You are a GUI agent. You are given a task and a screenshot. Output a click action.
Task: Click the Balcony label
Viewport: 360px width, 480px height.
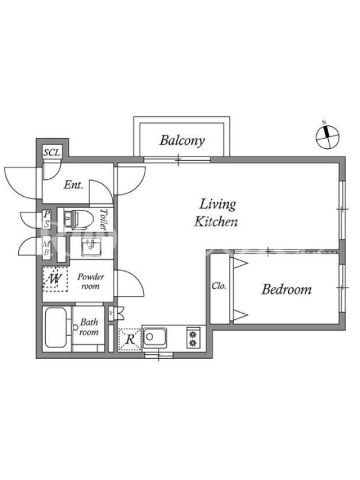[x=182, y=140]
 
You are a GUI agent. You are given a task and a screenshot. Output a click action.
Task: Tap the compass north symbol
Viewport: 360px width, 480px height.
[x=328, y=137]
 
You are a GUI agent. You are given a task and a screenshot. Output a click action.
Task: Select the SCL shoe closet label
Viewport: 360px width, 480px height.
[x=52, y=152]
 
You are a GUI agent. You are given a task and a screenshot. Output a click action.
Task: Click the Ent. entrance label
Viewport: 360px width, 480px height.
[x=73, y=185]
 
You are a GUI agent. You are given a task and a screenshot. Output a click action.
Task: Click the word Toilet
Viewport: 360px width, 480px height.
[x=104, y=219]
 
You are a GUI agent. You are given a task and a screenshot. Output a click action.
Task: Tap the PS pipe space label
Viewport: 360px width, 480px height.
[x=47, y=219]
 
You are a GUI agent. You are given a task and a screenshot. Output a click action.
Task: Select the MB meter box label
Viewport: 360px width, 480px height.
[x=46, y=248]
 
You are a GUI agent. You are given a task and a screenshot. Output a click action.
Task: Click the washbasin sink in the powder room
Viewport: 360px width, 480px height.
[x=91, y=247]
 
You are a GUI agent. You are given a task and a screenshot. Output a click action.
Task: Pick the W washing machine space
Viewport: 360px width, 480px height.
[x=55, y=279]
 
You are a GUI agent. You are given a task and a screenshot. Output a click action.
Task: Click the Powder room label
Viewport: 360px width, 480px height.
[x=91, y=281]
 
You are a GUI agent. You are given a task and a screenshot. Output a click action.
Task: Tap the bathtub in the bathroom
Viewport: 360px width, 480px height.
[x=55, y=328]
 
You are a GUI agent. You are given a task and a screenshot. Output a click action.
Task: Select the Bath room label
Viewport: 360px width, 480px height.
[x=89, y=326]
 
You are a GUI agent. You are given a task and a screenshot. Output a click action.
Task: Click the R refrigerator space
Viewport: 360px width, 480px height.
[x=130, y=339]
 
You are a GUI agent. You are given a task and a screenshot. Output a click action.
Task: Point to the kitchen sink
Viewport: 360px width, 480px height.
[x=155, y=338]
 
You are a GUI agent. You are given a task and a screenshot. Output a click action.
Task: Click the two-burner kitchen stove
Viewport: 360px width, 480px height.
[x=193, y=338]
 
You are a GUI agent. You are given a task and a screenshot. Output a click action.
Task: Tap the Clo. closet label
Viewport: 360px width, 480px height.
[x=219, y=286]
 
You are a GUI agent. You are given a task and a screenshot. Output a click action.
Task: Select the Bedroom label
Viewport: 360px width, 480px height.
[x=286, y=289]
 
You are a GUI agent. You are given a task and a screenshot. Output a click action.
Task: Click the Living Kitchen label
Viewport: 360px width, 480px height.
[x=217, y=213]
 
